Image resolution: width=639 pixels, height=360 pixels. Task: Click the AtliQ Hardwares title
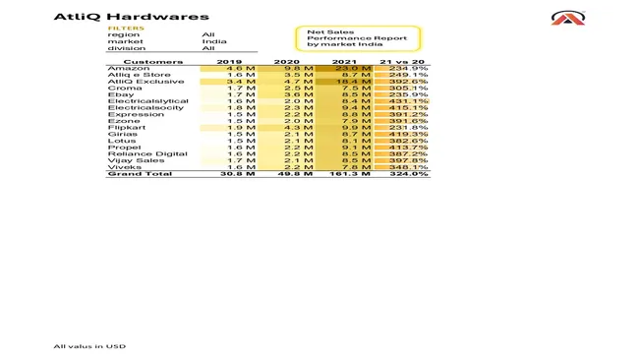(131, 17)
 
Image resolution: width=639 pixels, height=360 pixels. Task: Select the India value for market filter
(214, 41)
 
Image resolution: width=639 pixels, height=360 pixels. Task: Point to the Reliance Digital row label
(134, 153)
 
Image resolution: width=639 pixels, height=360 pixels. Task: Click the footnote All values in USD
(89, 346)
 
